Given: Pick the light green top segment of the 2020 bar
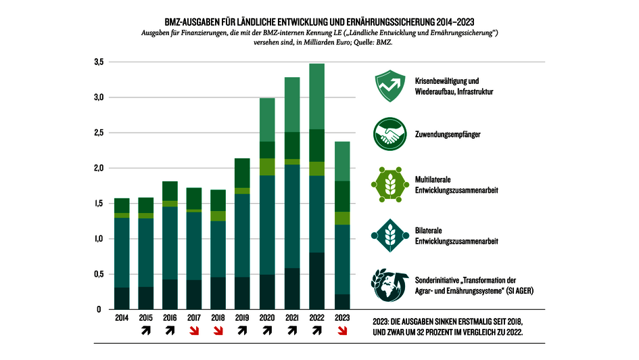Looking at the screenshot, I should point(268,120).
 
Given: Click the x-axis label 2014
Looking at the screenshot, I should point(122,318).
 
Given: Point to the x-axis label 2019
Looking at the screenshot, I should point(242,318).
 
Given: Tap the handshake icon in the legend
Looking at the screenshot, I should point(387,135).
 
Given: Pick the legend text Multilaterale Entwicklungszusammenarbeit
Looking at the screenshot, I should point(456,185).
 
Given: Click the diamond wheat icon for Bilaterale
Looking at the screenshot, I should point(387,234).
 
